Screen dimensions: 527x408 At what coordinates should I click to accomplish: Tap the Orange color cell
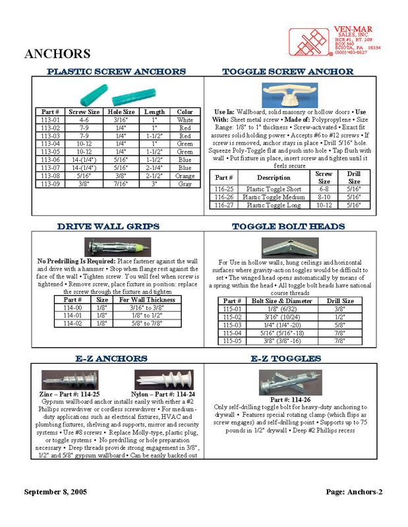tap(185, 177)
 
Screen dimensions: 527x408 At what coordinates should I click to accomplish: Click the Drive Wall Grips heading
tap(108, 226)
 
